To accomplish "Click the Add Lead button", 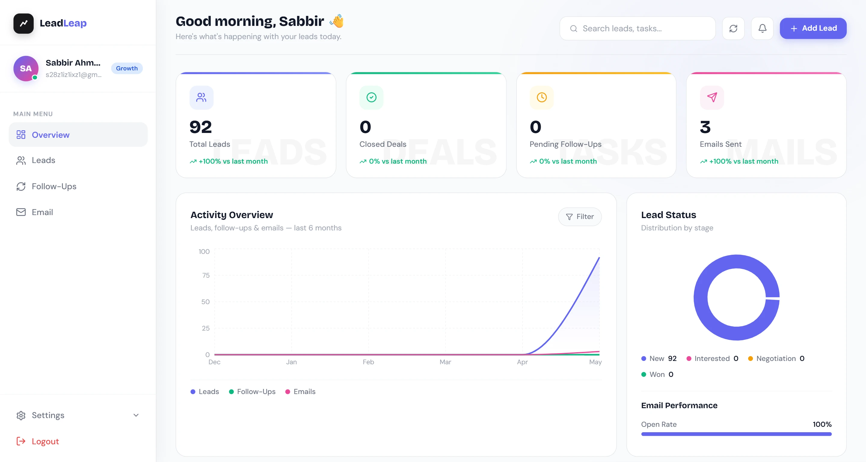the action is tap(813, 28).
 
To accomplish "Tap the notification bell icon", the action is tap(763, 28).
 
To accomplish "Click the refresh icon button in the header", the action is tap(733, 28).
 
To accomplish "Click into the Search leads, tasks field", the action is tap(637, 28).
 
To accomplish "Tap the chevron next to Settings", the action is tap(136, 415).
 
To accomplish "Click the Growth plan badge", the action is tap(127, 68).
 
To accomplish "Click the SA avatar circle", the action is tap(26, 69).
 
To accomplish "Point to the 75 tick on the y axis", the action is tap(206, 276).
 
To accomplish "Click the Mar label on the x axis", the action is tap(445, 362).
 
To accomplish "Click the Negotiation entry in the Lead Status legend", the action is tap(776, 359).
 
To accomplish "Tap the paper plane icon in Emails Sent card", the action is tap(712, 97).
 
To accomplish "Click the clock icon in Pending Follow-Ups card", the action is tap(542, 97).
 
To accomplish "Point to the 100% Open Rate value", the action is tap(822, 424).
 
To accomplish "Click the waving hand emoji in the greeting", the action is tap(337, 21).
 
